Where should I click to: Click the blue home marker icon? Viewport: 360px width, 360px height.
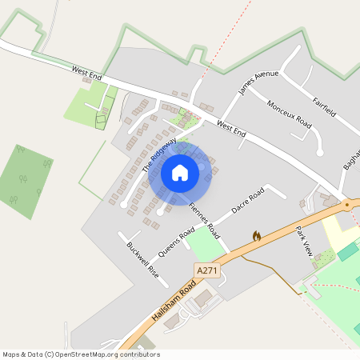180,173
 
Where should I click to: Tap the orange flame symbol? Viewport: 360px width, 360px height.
257,237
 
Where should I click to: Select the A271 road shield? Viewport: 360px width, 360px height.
206,270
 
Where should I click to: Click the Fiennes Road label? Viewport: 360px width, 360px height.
204,217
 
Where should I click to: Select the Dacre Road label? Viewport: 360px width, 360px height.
247,202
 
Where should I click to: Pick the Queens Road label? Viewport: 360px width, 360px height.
176,242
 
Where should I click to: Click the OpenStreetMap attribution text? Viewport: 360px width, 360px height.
80,354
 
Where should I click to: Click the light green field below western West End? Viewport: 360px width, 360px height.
90,105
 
